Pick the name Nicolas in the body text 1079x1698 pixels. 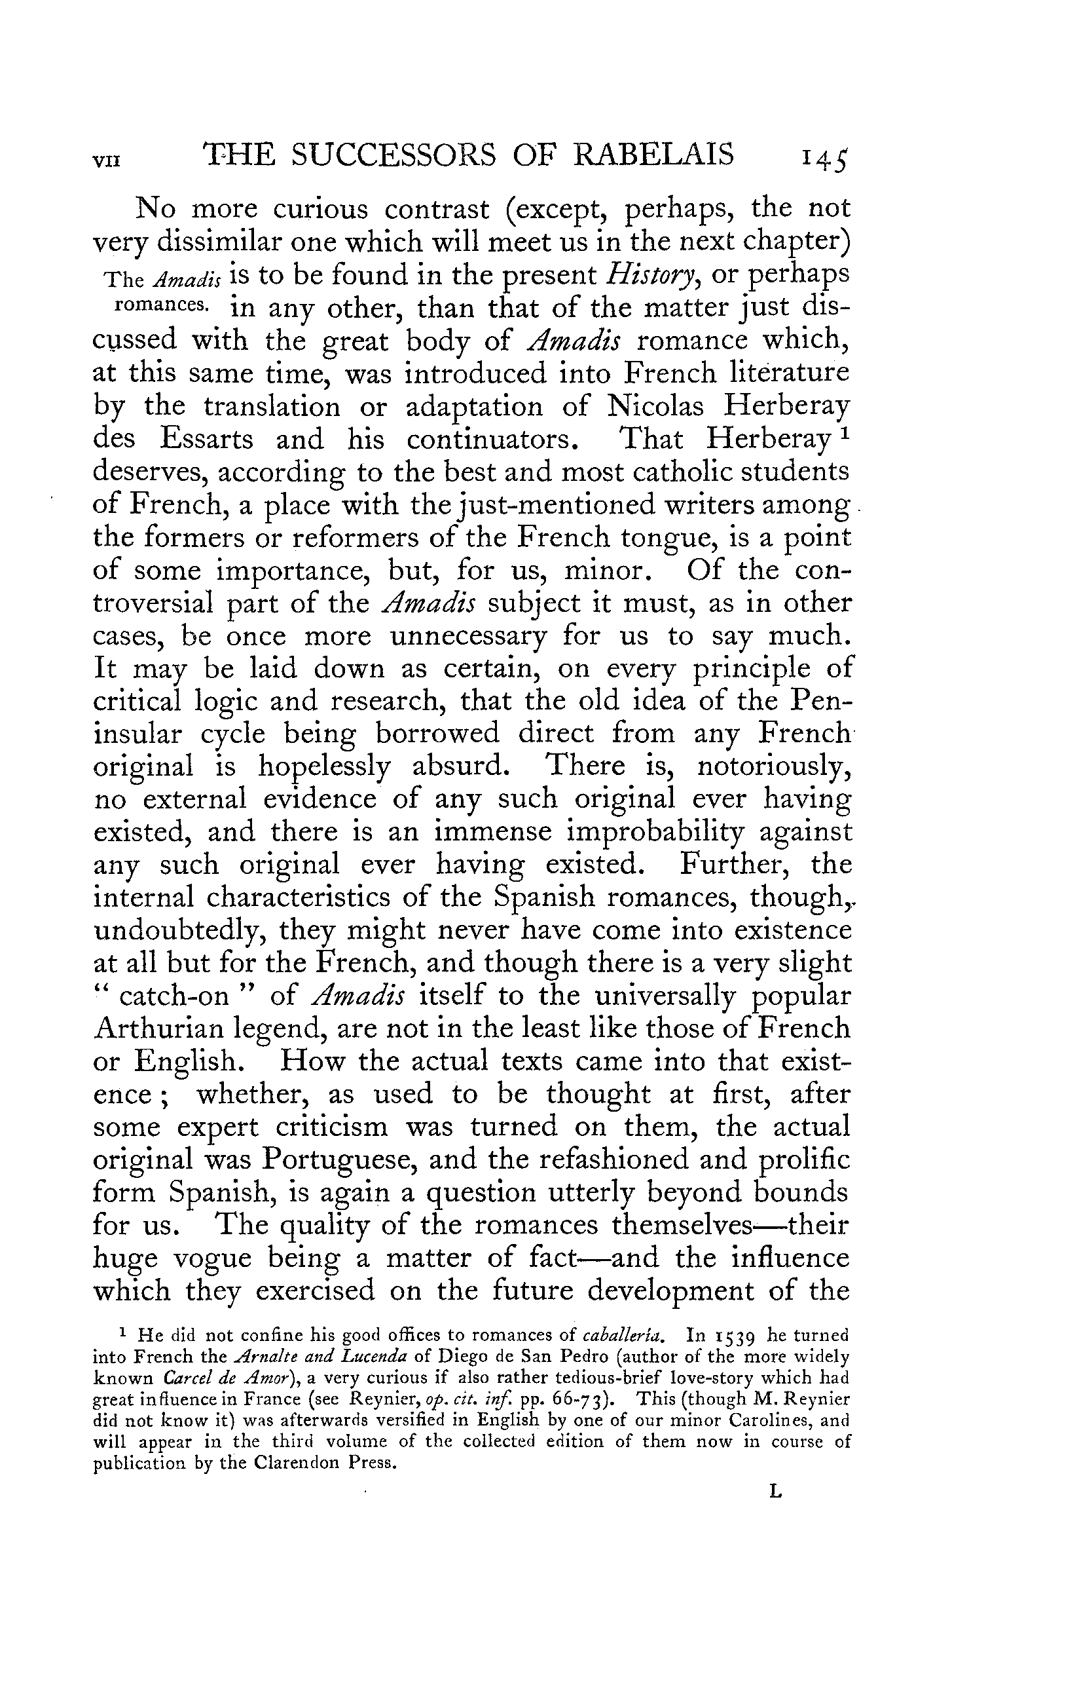[653, 406]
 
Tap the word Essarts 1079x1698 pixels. [206, 439]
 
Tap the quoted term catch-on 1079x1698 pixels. [174, 996]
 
